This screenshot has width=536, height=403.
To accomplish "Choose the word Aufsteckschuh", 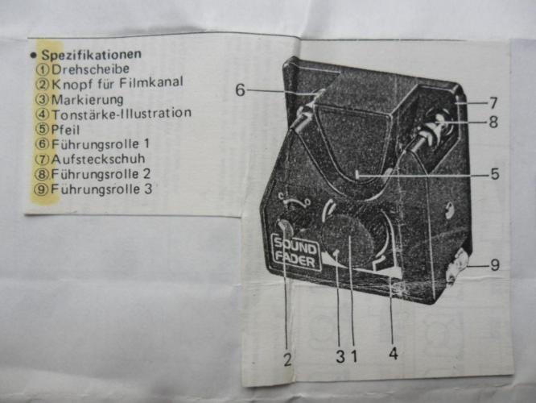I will click(x=97, y=159).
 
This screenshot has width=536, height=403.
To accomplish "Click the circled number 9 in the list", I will click(x=42, y=189).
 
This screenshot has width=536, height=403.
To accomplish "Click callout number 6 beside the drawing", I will click(x=241, y=90).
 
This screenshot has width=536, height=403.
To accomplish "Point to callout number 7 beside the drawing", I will click(x=493, y=103).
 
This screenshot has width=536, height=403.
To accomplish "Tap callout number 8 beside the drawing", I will click(x=493, y=123).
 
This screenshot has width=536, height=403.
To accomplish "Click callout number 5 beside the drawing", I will click(x=494, y=173).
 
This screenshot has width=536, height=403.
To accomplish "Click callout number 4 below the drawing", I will click(x=393, y=353).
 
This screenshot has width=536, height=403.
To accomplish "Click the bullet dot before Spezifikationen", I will click(x=31, y=55).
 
